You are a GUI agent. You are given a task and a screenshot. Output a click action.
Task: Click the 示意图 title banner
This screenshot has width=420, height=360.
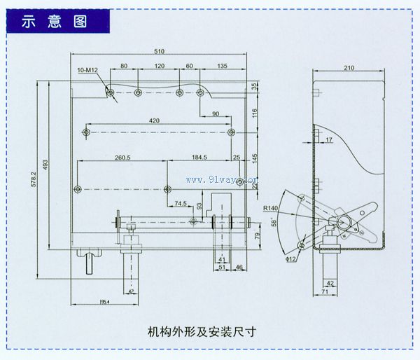tap(55, 21)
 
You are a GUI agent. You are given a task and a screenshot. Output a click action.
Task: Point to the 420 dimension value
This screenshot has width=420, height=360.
tap(155, 120)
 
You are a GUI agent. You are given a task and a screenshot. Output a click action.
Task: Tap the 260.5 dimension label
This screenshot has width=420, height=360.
tap(124, 157)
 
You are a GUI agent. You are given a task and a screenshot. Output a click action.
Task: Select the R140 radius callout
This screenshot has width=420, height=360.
tap(272, 208)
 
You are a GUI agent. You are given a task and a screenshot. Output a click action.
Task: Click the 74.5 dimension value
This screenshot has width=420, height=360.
tap(181, 204)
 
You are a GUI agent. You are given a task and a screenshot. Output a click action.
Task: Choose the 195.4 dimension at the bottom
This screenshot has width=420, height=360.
tap(103, 300)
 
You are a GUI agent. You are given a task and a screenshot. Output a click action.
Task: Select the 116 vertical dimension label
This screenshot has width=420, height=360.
tap(255, 111)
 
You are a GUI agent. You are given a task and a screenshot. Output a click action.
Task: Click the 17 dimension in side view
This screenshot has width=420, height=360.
tap(329, 141)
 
